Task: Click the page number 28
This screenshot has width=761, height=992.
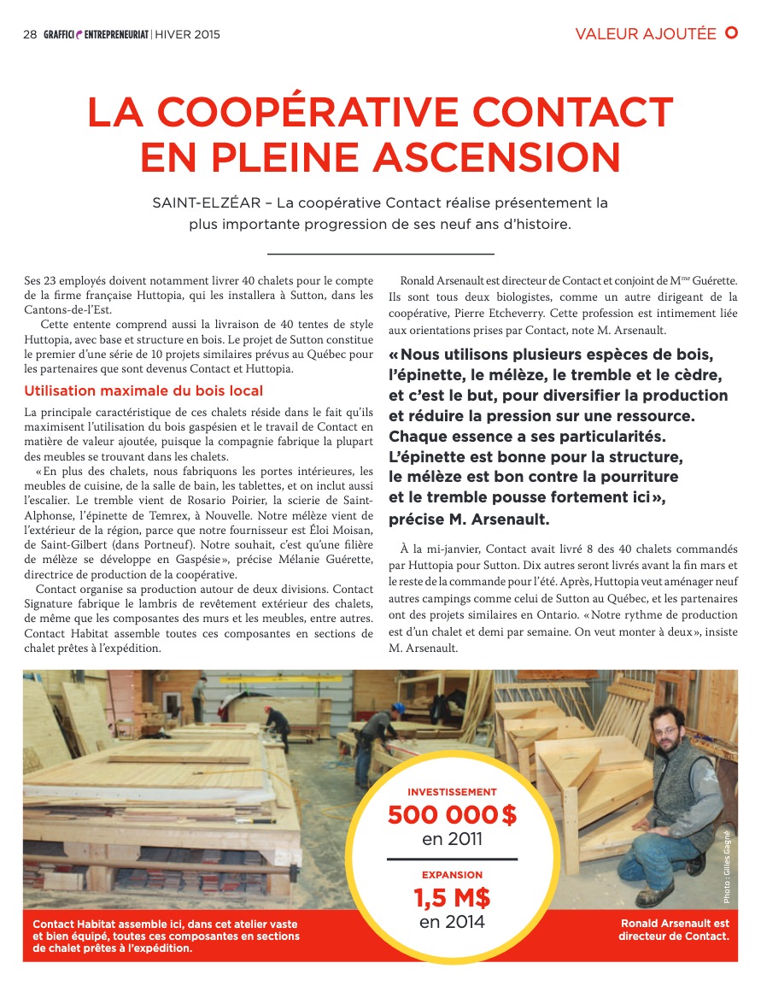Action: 29,35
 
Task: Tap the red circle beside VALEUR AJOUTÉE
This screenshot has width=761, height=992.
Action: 731,33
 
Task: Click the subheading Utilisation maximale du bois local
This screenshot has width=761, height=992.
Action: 143,392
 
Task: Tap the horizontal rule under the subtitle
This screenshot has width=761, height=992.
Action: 381,254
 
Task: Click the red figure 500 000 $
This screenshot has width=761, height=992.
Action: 452,815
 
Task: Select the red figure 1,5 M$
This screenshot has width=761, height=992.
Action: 452,898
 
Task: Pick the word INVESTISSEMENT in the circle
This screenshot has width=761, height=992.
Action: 452,792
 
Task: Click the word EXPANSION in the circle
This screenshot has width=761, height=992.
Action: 452,875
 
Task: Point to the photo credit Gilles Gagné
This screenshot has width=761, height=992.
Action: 727,867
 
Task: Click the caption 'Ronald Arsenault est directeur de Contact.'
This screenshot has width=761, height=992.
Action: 674,930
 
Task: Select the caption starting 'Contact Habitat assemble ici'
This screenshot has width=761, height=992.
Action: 166,936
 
